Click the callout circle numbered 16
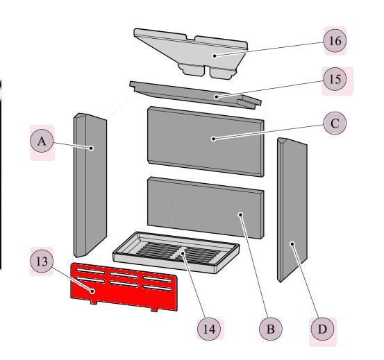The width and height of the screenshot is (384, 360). coord(335,41)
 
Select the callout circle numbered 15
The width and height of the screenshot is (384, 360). coord(335,79)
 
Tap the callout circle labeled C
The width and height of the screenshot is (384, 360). coord(335,123)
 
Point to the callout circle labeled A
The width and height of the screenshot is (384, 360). coord(42,141)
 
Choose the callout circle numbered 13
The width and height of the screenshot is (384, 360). coord(42,262)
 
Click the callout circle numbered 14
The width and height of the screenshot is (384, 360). coord(209,329)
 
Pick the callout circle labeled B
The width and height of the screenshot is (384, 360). coord(270,329)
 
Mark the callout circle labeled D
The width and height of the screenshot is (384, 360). coord(322,329)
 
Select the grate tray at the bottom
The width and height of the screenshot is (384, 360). coord(176,252)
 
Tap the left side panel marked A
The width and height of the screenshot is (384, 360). coord(90,185)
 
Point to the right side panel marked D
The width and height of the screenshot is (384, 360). coord(292,210)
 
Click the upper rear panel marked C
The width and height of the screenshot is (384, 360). coord(206,142)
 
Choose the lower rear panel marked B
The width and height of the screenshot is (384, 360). coord(206,208)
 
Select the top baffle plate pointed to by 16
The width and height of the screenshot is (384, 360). coord(191,54)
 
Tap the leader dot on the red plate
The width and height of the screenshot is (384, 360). coord(92,291)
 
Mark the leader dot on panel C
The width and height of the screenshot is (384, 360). coord(214,139)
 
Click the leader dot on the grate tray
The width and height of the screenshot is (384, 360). coord(183,253)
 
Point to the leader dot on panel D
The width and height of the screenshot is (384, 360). coord(292,244)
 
